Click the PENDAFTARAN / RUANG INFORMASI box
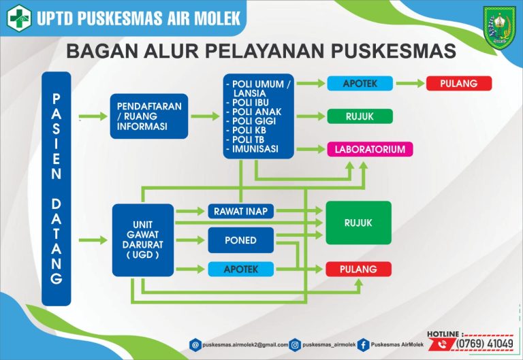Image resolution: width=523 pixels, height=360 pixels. pos(149,116)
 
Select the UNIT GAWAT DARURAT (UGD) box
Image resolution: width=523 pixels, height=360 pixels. pos(143,240)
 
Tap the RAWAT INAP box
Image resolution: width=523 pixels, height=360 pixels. pos(241,211)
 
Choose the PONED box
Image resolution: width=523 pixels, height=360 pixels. pos(241,240)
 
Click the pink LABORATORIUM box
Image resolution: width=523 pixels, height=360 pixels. pos(370,149)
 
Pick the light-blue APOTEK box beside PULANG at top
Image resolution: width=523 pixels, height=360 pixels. pos(360,83)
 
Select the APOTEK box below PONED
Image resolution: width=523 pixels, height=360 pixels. pos(241,269)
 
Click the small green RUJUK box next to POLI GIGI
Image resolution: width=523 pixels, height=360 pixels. pos(360,116)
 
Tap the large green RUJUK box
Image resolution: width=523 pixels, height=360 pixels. pos(359,223)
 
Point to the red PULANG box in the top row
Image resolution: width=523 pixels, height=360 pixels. pos(459,83)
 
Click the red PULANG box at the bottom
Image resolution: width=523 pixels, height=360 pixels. pos(359,269)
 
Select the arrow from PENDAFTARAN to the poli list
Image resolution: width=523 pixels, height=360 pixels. pos(205,116)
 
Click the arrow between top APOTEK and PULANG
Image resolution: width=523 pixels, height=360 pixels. pos(410,83)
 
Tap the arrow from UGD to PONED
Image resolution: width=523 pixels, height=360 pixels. pos(190,240)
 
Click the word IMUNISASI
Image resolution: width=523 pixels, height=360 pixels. pos(255,149)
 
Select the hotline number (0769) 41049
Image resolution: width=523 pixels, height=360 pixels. pos(485,344)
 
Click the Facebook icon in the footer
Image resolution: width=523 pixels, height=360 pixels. pos(363,344)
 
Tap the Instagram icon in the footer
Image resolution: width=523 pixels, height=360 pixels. pos(295,344)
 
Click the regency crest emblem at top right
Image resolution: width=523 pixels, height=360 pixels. pos(500,28)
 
